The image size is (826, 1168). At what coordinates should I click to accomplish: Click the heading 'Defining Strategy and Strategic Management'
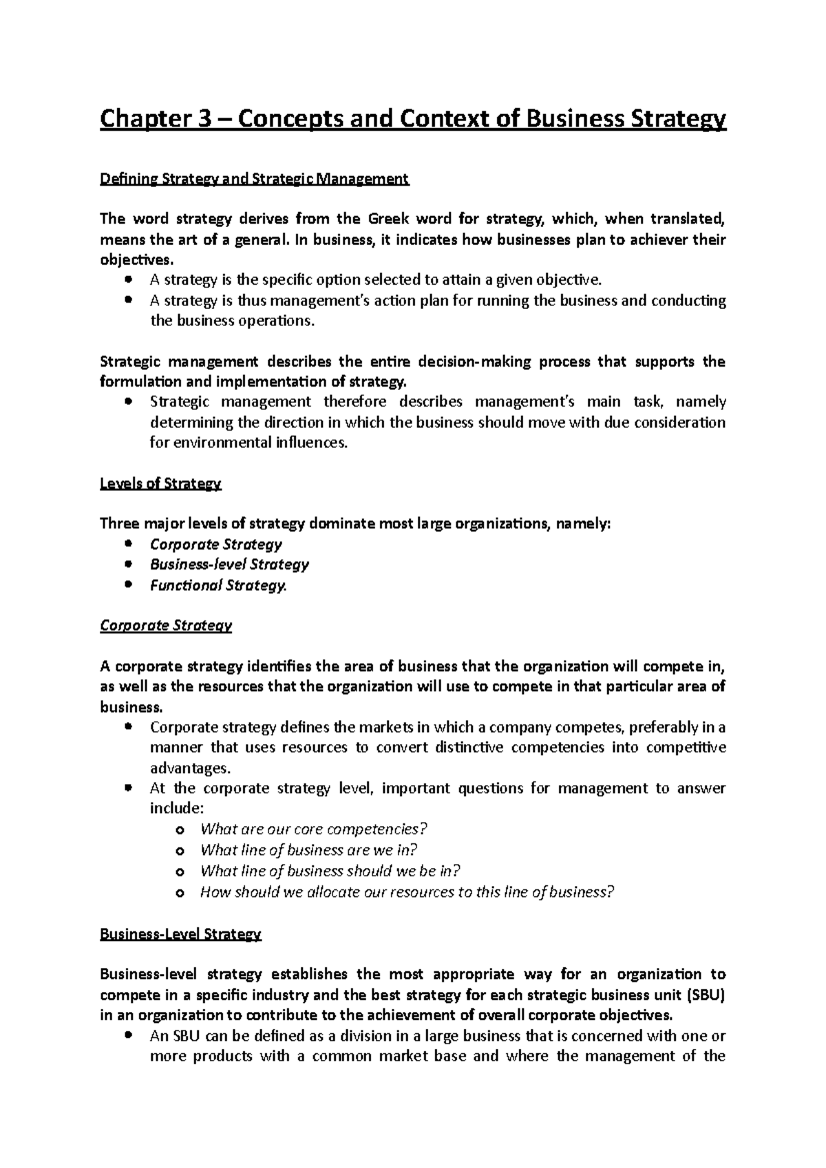pos(255,180)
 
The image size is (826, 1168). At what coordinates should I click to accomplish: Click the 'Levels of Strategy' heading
pos(160,484)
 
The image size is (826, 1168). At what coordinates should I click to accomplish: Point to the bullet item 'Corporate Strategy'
pos(215,544)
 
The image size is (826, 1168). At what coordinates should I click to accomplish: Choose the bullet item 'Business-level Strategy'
pos(229,565)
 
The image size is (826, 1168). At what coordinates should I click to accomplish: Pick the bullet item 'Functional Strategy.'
pos(218,585)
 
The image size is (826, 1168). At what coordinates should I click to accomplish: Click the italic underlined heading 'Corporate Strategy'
pos(166,626)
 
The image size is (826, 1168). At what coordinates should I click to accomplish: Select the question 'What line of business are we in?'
pos(308,850)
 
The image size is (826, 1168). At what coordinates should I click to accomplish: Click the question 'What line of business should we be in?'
pos(330,871)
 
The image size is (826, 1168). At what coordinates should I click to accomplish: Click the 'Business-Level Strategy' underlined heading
pos(180,934)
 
